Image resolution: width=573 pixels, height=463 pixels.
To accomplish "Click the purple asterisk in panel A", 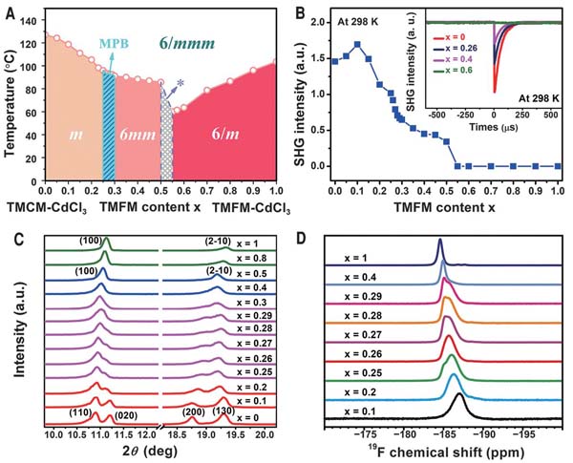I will [180, 85].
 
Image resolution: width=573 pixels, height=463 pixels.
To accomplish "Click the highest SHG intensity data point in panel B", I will [356, 44].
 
